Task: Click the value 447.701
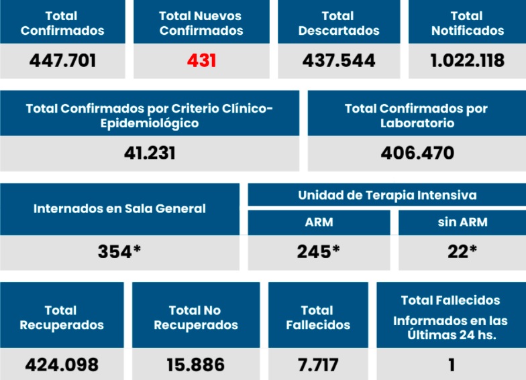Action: (62, 61)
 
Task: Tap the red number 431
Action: (201, 61)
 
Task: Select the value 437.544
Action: (339, 61)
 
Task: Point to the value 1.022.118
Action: (467, 61)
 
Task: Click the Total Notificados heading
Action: (467, 23)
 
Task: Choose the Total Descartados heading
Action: (339, 23)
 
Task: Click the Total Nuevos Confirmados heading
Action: (201, 23)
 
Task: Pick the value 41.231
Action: (150, 153)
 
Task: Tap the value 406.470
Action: (417, 153)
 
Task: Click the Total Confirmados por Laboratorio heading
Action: (417, 115)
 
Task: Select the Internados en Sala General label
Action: (119, 208)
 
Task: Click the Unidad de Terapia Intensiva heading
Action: (387, 195)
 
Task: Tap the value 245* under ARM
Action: (319, 251)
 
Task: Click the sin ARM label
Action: (462, 222)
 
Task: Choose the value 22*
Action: (462, 251)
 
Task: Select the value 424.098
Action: (62, 365)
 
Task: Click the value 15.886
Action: (196, 365)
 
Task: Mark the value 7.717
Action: (318, 365)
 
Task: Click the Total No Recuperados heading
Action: (196, 318)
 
